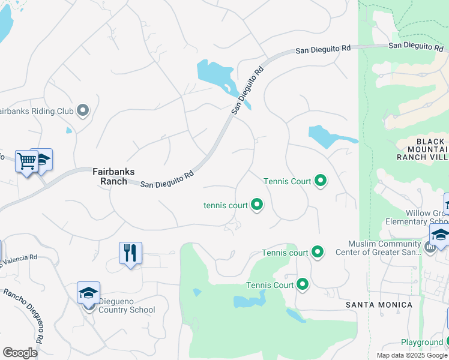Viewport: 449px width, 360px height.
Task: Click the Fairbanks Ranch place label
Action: coord(109,175)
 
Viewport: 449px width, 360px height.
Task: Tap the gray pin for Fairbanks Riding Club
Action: coord(83,111)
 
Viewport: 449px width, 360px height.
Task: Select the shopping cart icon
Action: coord(26,161)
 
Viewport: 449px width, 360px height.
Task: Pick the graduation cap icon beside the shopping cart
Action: coord(42,160)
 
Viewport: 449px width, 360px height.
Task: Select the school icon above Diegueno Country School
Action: coord(88,294)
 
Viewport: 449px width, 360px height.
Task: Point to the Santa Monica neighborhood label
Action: coord(379,305)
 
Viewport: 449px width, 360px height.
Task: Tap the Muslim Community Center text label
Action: coord(385,248)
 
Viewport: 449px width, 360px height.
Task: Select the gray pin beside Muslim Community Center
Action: coord(429,247)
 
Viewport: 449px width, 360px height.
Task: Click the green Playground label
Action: coord(421,342)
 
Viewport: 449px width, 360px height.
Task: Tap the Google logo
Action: coord(20,353)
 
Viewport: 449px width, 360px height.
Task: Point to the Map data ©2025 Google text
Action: coord(412,355)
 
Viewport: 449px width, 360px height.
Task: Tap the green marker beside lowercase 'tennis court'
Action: coord(257,205)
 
